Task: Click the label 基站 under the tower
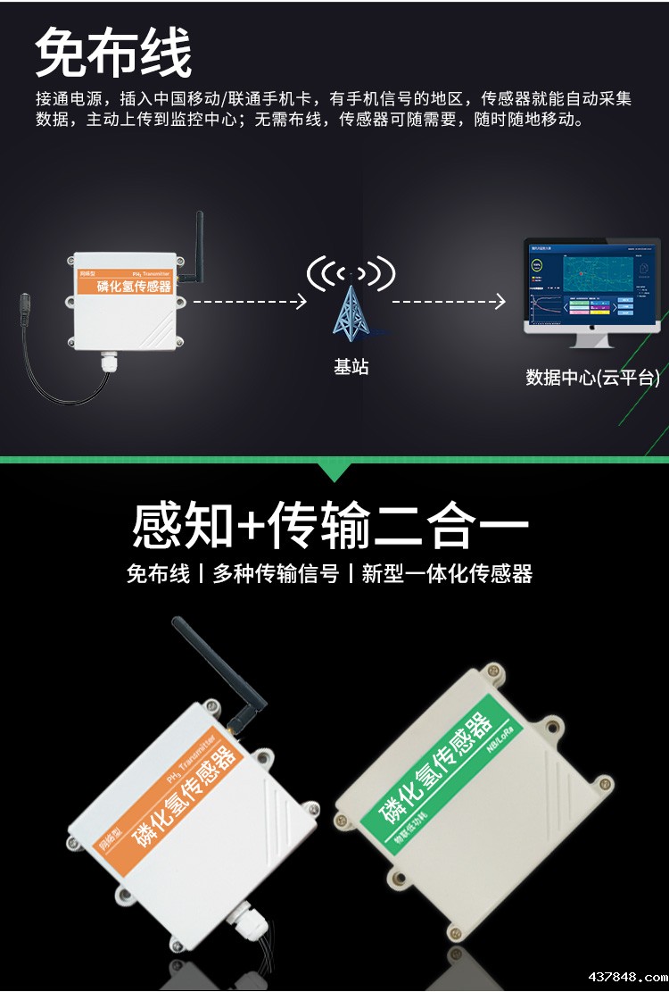point(351,367)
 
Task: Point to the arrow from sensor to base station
point(250,302)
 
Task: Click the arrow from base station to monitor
point(449,302)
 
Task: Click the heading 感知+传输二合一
point(330,524)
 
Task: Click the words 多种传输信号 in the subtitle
point(276,574)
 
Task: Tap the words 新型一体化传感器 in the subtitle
point(447,574)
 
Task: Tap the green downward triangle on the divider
point(334,471)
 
